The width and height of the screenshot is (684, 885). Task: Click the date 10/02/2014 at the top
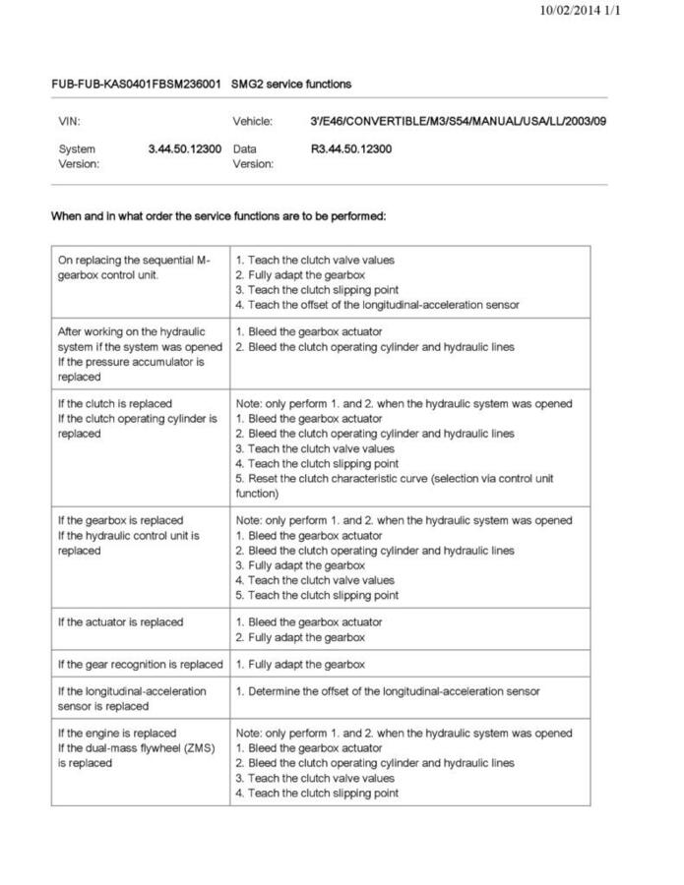570,11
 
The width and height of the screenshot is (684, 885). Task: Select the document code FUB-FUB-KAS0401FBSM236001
136,85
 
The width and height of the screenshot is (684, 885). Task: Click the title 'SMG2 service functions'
291,85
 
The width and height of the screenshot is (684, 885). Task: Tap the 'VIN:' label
68,122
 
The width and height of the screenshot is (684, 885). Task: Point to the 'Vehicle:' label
252,122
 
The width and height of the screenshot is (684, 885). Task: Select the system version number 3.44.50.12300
185,149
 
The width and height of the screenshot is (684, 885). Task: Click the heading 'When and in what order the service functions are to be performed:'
218,216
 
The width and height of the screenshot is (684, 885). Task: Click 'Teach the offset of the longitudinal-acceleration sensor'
378,305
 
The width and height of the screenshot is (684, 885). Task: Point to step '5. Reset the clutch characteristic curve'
394,479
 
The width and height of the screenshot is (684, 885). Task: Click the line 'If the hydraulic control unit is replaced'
128,543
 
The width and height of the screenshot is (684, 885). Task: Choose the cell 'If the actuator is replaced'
120,622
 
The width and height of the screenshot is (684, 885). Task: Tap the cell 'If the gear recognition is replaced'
140,665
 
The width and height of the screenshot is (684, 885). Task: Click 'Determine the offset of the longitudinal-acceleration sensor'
388,691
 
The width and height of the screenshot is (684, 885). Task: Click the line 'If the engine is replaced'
117,734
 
